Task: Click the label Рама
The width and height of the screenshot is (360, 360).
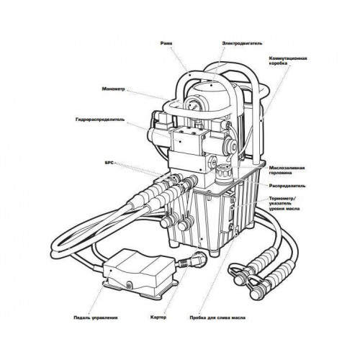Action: point(166,43)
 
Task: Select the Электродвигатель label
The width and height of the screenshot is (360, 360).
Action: point(242,43)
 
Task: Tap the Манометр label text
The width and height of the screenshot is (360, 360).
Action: point(114,89)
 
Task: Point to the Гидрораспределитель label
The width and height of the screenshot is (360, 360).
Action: point(99,120)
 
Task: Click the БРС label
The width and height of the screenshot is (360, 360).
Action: point(109,163)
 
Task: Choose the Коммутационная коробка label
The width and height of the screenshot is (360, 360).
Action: point(288,61)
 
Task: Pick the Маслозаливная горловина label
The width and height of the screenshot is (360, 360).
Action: point(287,170)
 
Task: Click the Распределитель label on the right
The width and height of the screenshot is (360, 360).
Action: point(287,186)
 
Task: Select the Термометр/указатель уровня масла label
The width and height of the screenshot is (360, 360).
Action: point(284,204)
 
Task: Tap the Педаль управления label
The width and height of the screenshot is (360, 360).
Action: point(96,318)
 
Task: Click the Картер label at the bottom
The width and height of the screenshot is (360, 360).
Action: point(158,318)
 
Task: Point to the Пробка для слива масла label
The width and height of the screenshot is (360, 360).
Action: point(217,318)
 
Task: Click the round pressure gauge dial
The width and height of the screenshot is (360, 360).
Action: point(193,104)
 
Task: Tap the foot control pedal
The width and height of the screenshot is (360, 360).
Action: point(140,272)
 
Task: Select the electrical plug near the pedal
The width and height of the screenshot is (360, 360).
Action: point(197,258)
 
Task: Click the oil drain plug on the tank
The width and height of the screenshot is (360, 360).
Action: point(237,233)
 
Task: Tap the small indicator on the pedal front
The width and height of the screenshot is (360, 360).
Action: point(129,286)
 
